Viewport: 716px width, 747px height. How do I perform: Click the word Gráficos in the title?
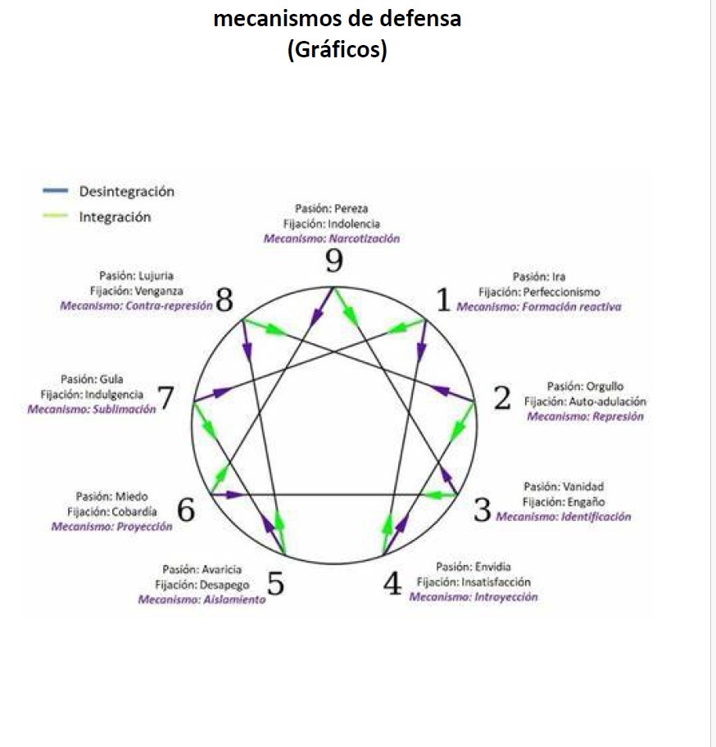(x=337, y=50)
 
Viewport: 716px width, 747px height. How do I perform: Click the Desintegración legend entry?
(x=126, y=192)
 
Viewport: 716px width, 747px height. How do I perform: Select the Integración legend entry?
(x=115, y=217)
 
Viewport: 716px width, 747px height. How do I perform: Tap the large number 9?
(x=333, y=262)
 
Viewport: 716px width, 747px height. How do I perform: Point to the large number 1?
(x=443, y=301)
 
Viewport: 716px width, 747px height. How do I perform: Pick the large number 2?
(x=502, y=398)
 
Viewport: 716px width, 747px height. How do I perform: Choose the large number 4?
(x=392, y=584)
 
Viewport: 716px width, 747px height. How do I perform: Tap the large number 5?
(x=276, y=585)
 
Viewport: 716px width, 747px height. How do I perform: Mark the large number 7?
(x=166, y=399)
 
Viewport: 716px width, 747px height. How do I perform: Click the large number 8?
(x=224, y=301)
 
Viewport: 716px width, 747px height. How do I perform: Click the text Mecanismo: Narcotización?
(x=331, y=238)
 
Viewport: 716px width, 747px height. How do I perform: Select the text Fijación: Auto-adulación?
(x=585, y=401)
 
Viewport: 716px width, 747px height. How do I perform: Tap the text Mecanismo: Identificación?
(x=564, y=517)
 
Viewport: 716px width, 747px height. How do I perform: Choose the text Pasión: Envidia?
(x=474, y=567)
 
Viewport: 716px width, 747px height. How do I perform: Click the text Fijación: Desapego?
(x=202, y=585)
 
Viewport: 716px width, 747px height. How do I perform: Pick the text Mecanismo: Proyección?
(x=112, y=526)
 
